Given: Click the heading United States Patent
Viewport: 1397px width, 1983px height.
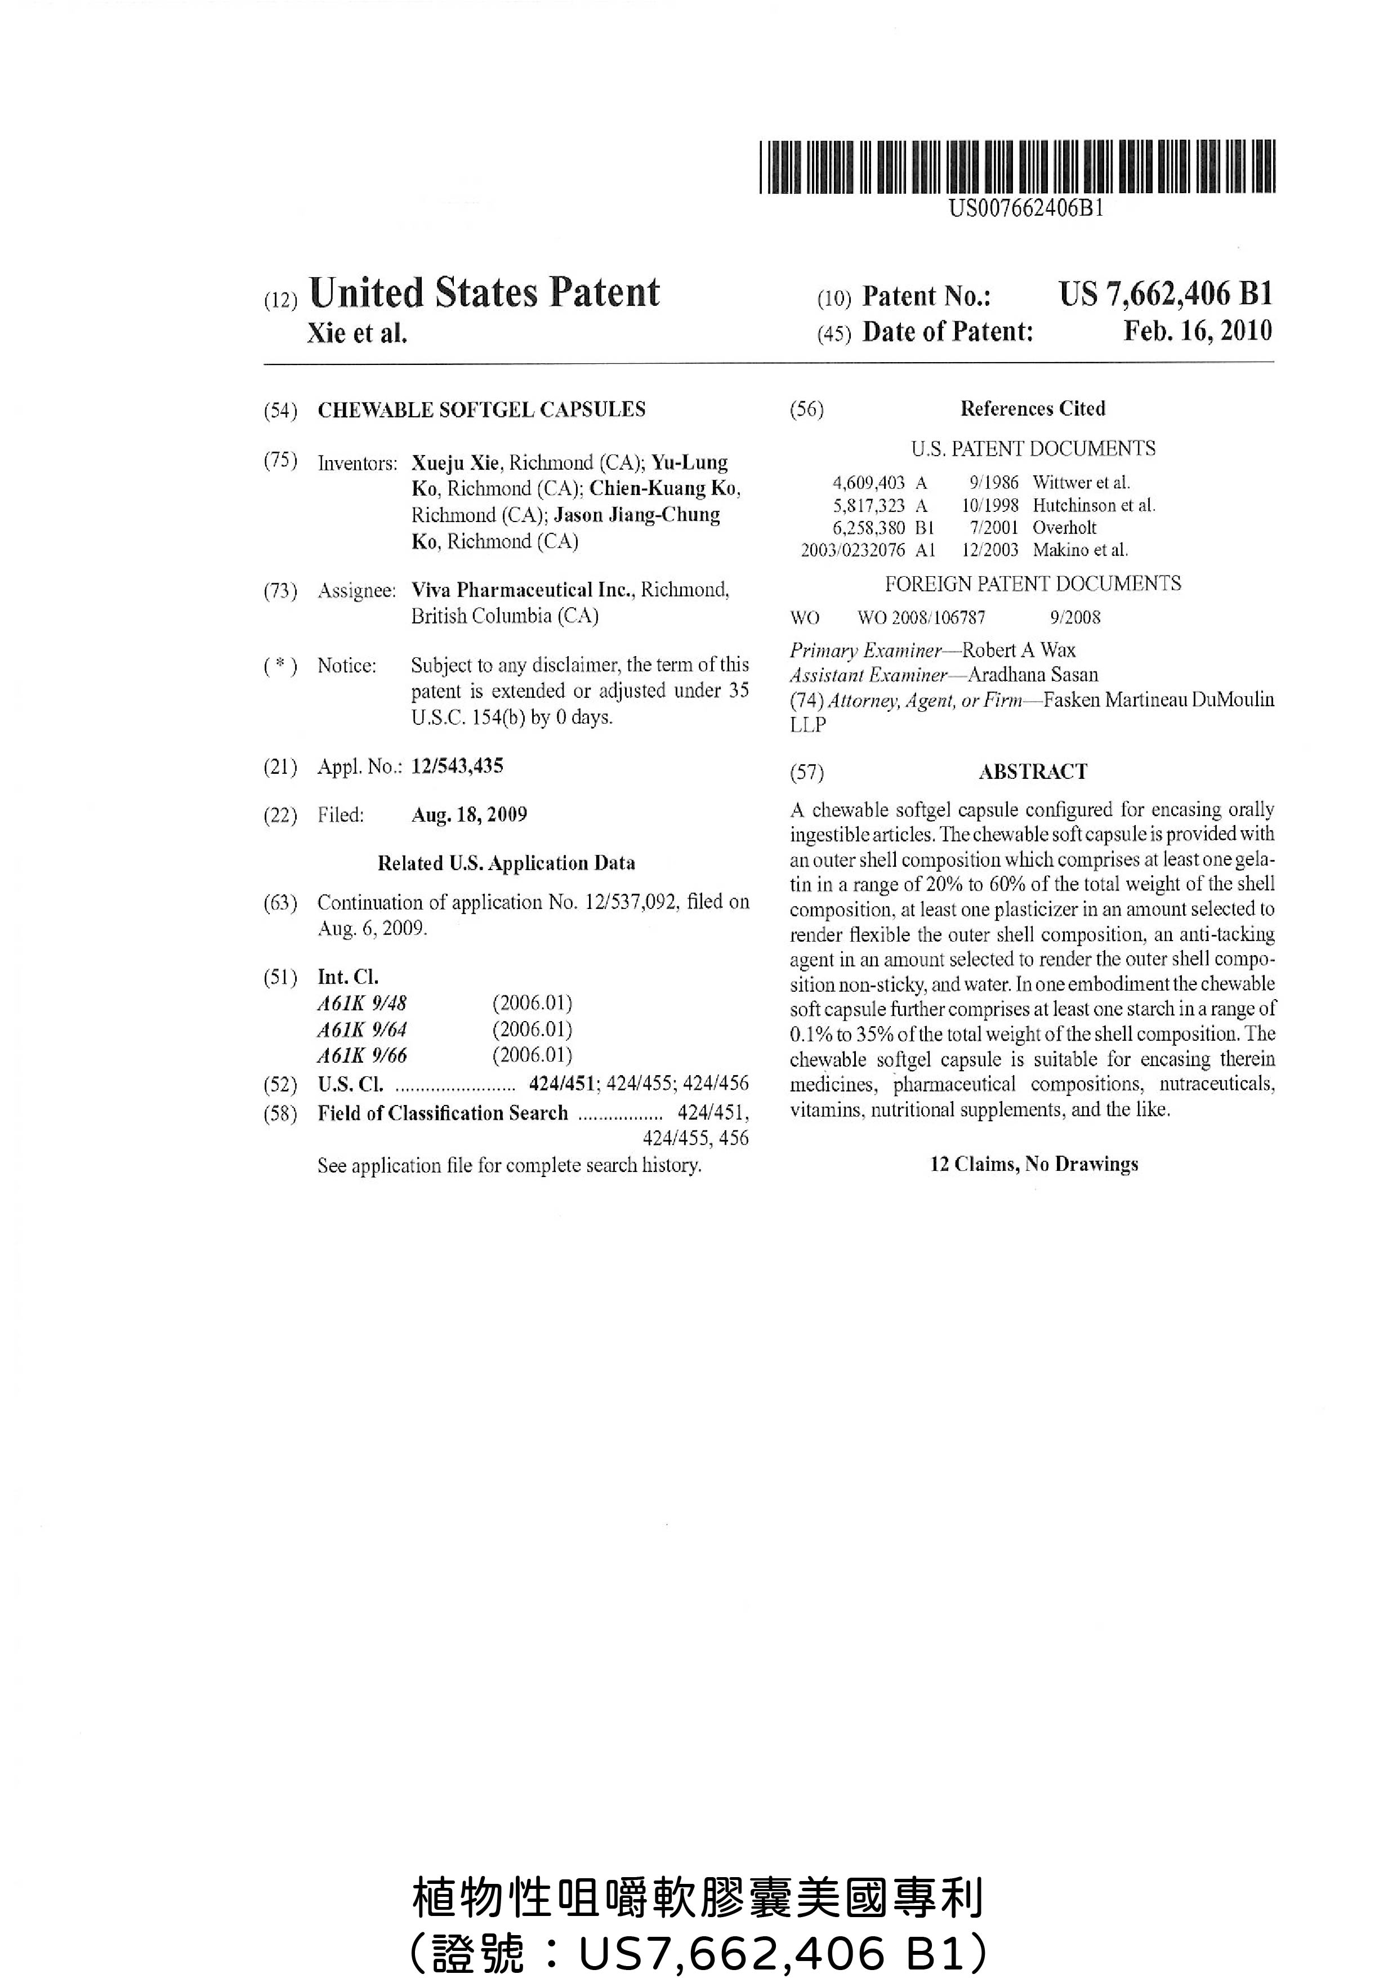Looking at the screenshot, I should click(x=484, y=293).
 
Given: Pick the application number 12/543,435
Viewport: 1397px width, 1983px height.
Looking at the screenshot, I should click(x=457, y=766).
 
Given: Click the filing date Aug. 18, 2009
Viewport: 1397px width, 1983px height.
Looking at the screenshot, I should click(x=469, y=814).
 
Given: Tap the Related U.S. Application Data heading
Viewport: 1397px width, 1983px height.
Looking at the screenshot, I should click(x=506, y=863).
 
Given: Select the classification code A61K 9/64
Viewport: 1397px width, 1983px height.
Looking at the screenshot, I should click(x=361, y=1030).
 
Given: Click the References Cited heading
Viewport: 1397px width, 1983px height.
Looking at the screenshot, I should click(x=1033, y=408).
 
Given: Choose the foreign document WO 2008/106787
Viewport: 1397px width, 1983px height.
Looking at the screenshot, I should click(x=921, y=617).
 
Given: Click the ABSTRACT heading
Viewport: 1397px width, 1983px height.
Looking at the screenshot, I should click(x=1033, y=771).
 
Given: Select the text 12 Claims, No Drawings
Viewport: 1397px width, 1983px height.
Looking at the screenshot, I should click(x=1033, y=1164).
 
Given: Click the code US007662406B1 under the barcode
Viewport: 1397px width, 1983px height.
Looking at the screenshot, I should click(x=1026, y=208).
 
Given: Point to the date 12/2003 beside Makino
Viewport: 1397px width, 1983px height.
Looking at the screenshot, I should click(x=989, y=550).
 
